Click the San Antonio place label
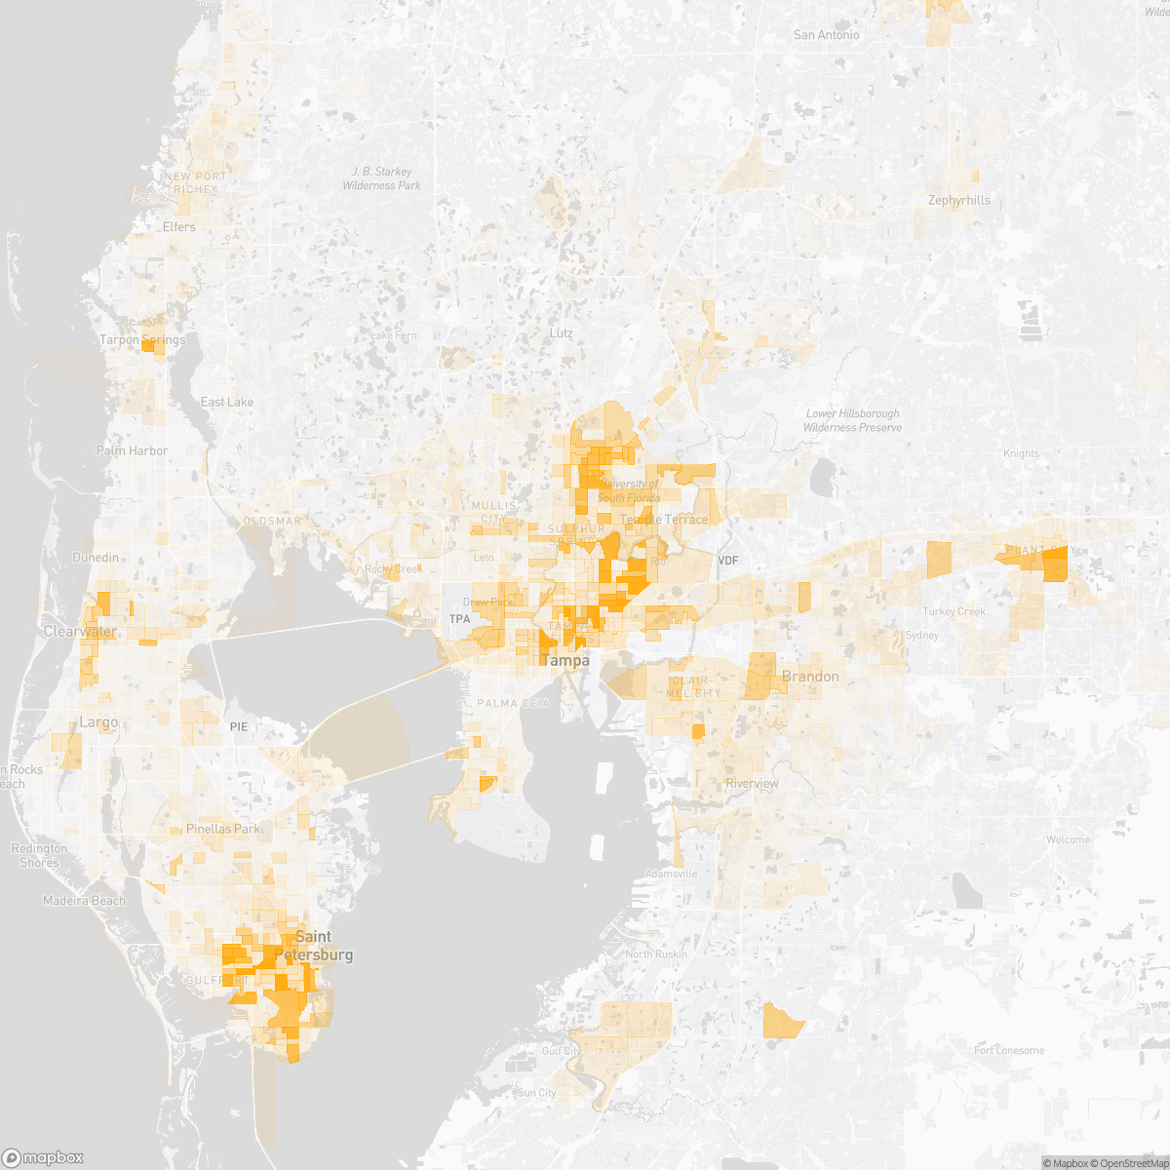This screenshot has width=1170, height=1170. pos(827,35)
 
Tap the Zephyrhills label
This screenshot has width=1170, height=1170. pos(958,201)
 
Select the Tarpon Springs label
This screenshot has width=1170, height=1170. pos(142,340)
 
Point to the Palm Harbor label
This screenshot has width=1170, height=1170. pos(132,450)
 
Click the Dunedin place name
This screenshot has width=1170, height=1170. pos(96,558)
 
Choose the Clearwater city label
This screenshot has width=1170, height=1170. pos(80,632)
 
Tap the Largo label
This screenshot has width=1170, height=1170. pos(98,722)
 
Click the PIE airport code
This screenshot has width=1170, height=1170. pos(240,726)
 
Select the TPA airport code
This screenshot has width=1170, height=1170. pos(459,619)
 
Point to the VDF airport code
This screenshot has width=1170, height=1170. pos(728,561)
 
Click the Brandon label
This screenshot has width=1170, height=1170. pos(810,677)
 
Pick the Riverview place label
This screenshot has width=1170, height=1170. pos(753,784)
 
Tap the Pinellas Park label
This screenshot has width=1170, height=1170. pos(223,829)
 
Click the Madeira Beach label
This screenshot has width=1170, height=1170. pos(84,901)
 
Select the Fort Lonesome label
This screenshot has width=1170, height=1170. pos(1009,1050)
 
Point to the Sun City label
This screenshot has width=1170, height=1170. pos(537,1093)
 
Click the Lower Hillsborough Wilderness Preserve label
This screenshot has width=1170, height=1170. pos(851,420)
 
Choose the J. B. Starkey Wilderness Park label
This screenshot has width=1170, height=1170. pos(382,178)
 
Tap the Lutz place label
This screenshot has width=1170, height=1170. pos(561,333)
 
